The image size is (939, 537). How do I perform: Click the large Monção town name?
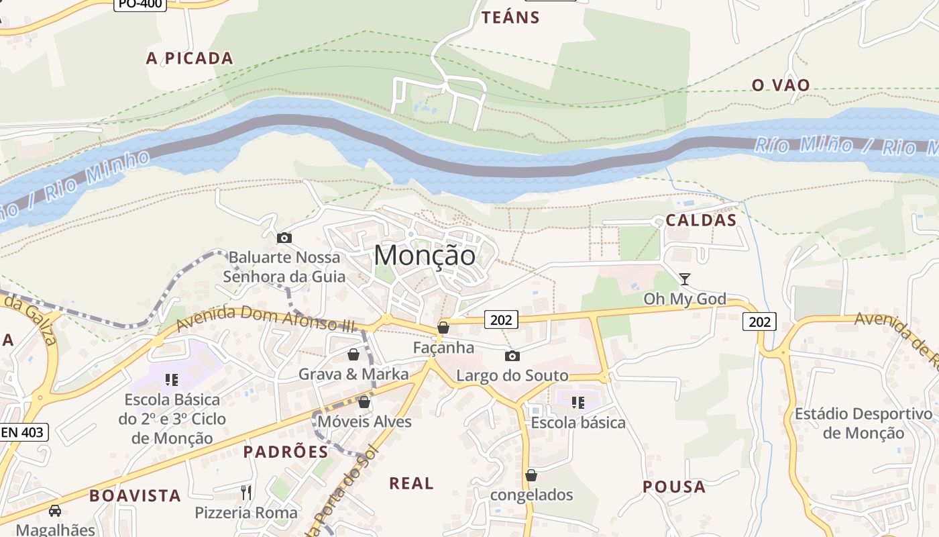pyautogui.click(x=425, y=256)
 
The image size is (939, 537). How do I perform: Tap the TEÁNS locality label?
pyautogui.click(x=510, y=18)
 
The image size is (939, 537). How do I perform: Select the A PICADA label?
pyautogui.click(x=190, y=58)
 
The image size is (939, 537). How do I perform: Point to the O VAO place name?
pyautogui.click(x=781, y=85)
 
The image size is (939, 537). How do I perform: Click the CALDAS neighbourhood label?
pyautogui.click(x=701, y=220)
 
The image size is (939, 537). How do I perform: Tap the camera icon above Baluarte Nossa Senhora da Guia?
pyautogui.click(x=284, y=238)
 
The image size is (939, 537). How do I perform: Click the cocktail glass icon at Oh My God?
pyautogui.click(x=684, y=279)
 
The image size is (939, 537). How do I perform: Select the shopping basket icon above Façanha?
pyautogui.click(x=443, y=328)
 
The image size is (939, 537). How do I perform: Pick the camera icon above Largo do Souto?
pyautogui.click(x=512, y=356)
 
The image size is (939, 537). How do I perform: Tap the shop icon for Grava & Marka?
pyautogui.click(x=353, y=354)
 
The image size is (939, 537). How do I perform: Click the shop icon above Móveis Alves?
pyautogui.click(x=364, y=402)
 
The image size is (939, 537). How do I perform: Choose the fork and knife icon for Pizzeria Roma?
pyautogui.click(x=246, y=493)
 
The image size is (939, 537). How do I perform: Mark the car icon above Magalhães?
pyautogui.click(x=55, y=510)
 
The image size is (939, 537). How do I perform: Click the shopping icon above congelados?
pyautogui.click(x=531, y=475)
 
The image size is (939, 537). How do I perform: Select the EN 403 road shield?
pyautogui.click(x=23, y=432)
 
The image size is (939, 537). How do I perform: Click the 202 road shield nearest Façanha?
pyautogui.click(x=500, y=320)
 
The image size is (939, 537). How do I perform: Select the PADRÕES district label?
pyautogui.click(x=286, y=452)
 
